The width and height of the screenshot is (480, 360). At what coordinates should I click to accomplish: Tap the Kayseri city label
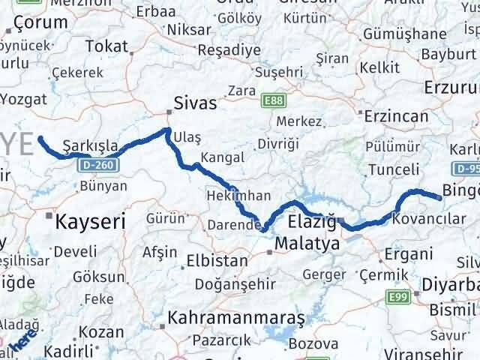[88, 220]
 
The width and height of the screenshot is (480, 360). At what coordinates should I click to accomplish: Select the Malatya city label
[307, 244]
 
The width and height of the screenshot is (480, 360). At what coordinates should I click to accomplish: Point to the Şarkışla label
[87, 143]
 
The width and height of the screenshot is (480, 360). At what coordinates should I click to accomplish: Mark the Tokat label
[106, 46]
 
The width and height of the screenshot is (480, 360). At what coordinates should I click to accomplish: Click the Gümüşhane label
[404, 34]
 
